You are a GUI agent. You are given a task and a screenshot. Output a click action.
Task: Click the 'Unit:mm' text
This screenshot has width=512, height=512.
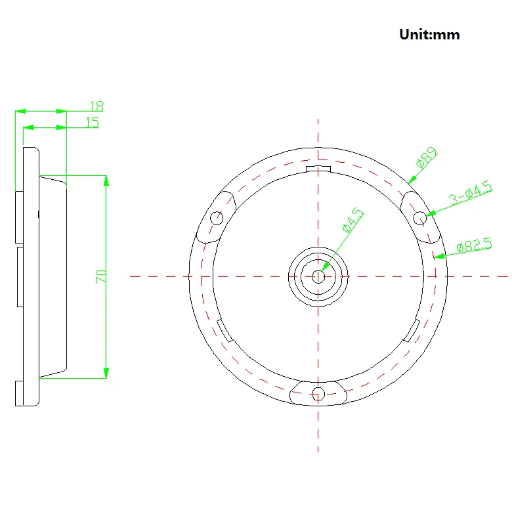(x=429, y=35)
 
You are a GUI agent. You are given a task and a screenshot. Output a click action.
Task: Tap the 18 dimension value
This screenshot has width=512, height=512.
(x=96, y=106)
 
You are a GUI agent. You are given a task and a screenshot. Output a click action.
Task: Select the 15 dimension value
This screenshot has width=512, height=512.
(x=92, y=122)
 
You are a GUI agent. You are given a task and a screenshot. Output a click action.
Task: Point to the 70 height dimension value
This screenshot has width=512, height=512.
(x=100, y=276)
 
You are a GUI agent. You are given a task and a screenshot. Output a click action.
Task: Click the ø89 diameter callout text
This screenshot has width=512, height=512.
(x=427, y=158)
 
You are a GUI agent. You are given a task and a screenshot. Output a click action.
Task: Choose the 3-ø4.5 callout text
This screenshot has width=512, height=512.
(x=471, y=192)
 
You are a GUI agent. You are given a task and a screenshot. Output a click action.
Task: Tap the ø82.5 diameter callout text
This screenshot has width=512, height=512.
(x=474, y=245)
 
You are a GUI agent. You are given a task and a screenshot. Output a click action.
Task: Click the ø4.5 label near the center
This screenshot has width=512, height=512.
(x=352, y=220)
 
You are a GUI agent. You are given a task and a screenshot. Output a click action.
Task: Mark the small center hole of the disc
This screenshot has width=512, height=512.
(x=318, y=276)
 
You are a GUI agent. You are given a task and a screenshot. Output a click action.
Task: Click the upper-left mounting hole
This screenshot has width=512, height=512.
(x=217, y=218)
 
